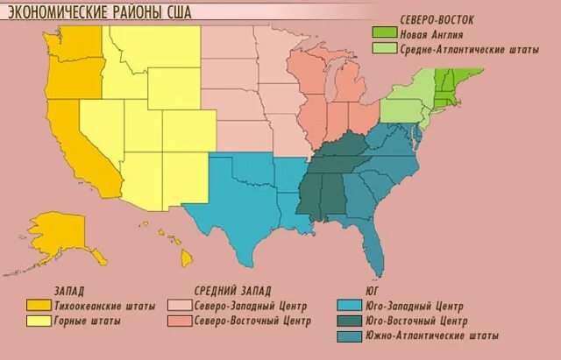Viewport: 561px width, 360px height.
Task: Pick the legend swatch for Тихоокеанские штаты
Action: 39,306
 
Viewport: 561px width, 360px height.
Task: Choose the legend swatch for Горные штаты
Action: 39,321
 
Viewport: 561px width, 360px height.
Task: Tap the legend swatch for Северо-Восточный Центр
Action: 181,321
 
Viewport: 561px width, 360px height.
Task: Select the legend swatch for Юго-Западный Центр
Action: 350,306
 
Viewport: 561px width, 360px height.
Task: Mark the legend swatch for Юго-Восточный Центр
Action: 350,321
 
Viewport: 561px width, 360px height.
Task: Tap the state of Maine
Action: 474,74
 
